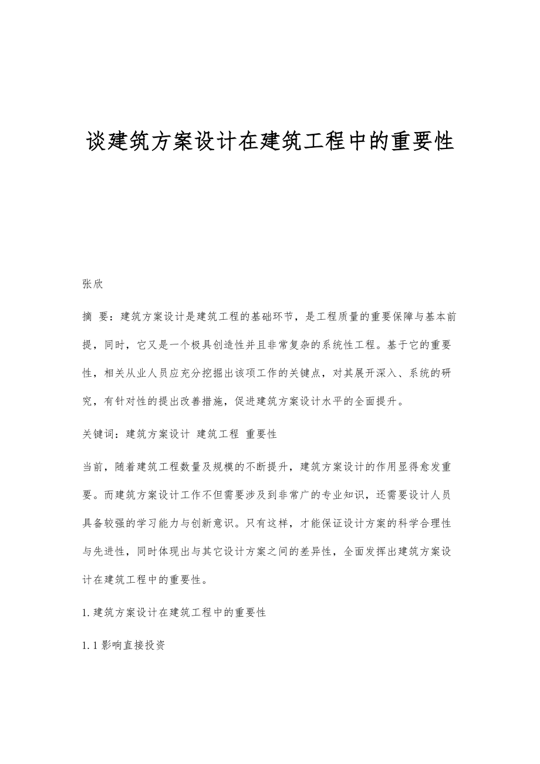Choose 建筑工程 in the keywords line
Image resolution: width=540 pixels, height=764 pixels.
pyautogui.click(x=218, y=434)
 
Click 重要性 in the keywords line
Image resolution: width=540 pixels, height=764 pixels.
pyautogui.click(x=261, y=434)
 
